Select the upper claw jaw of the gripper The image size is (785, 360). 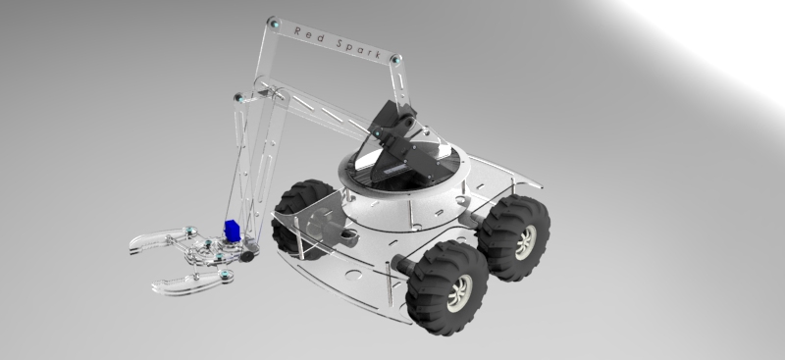[157, 239]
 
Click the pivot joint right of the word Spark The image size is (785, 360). [397, 62]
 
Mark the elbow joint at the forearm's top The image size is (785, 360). [239, 97]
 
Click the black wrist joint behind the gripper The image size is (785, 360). [248, 254]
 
